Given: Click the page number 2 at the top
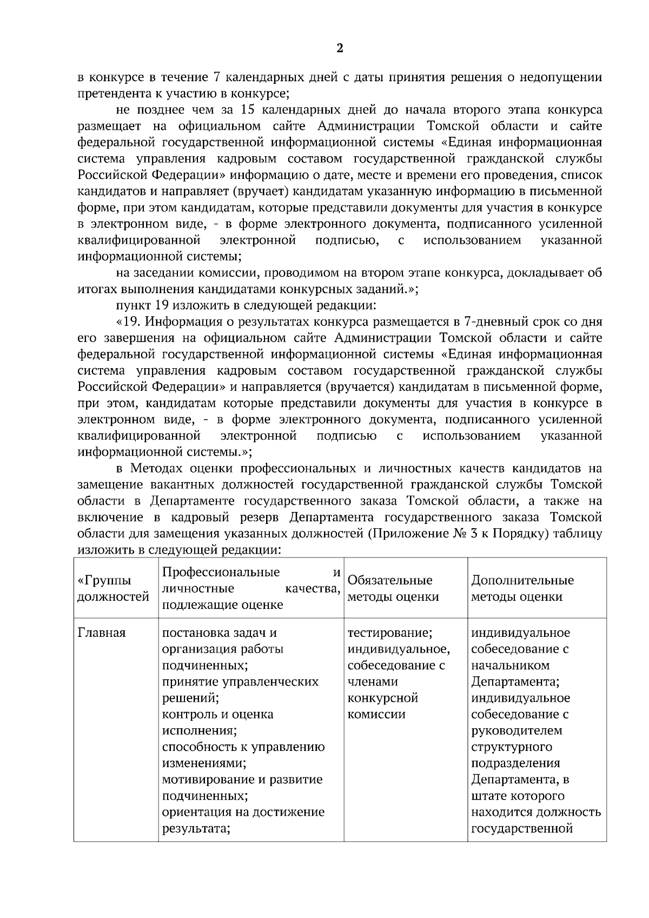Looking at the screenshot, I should coord(340,49).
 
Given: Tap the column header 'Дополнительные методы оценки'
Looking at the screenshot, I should coord(522,588).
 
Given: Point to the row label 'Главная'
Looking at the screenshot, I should coord(102,633).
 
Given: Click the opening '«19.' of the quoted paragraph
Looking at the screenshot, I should coord(129,322).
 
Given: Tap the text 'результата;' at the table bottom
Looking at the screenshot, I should coord(196,828).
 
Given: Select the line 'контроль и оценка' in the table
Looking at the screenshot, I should coord(217,714).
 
